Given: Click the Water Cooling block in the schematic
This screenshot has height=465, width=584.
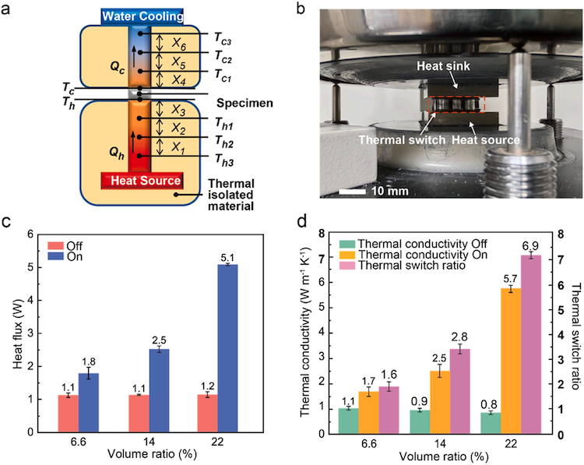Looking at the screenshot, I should [141, 16].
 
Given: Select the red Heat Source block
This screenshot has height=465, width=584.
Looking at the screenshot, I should [141, 181].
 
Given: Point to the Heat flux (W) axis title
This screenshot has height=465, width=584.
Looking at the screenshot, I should [17, 333].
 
